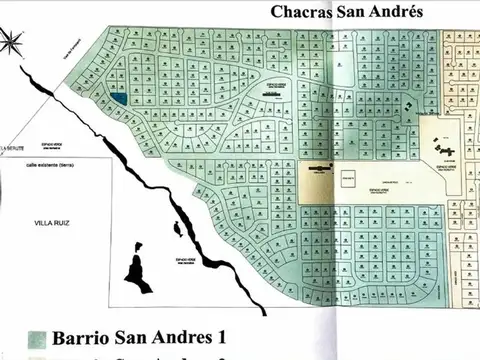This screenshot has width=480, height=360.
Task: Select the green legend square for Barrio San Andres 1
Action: coord(36,335)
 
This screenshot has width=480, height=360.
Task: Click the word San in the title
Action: coord(352,12)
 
